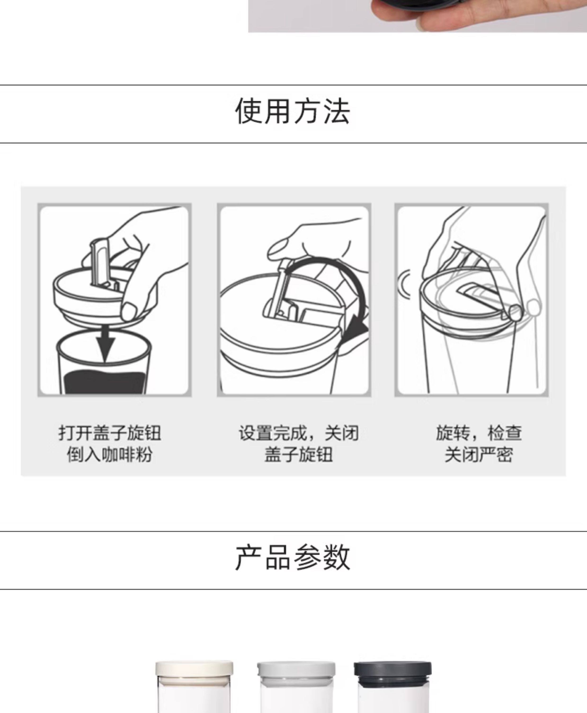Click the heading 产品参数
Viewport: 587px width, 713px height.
click(293, 557)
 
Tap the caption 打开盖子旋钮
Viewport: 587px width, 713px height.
click(110, 433)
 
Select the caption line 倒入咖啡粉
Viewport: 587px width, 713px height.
click(110, 454)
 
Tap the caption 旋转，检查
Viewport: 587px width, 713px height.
click(479, 433)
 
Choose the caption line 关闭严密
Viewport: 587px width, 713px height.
click(479, 454)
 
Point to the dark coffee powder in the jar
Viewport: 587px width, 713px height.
click(105, 382)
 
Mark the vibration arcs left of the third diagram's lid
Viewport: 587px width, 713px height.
click(405, 284)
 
